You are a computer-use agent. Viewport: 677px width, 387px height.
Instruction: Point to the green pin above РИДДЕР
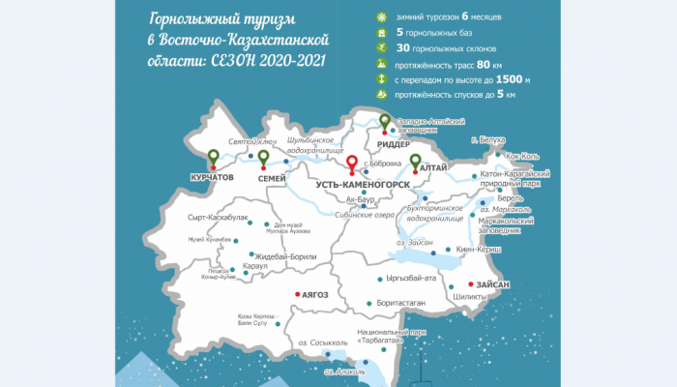click(x=384, y=123)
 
